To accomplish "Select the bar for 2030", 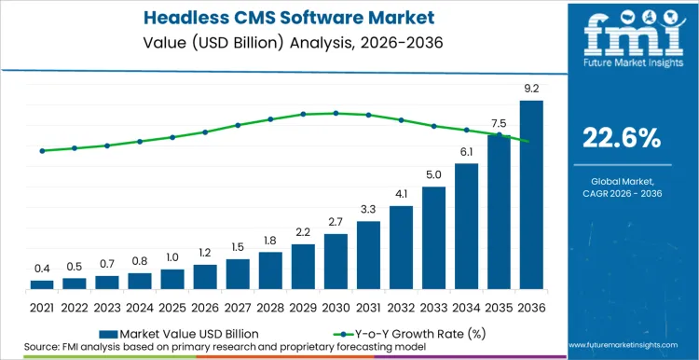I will click(336, 261).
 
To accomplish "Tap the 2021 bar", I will click(42, 284).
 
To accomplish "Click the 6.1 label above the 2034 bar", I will click(466, 152).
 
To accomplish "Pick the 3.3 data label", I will click(368, 209).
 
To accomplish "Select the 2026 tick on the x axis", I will click(205, 307).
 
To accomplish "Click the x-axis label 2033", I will click(433, 307).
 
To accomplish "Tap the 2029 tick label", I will click(303, 307).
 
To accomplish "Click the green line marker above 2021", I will click(42, 150).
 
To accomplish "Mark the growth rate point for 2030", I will click(336, 113).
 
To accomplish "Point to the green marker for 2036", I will click(531, 142).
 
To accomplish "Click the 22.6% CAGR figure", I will click(621, 138).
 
